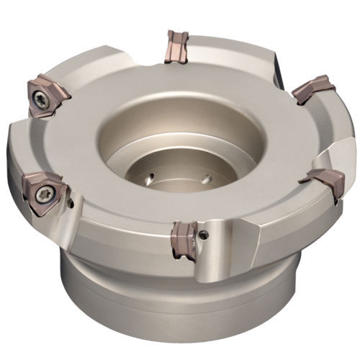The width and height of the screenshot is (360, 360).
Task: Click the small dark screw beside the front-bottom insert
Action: point(206,233)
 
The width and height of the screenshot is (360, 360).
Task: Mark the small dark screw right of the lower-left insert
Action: point(70,203)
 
